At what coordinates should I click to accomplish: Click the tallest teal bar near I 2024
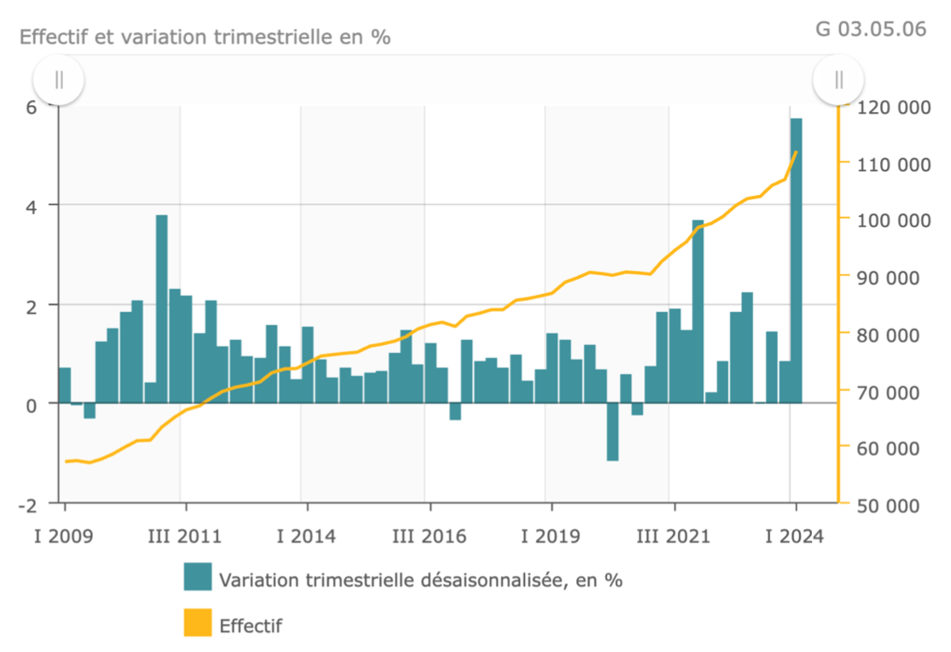tap(796, 261)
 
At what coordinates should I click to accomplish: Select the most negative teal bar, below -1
tap(612, 432)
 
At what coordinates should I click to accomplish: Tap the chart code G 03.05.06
tap(871, 28)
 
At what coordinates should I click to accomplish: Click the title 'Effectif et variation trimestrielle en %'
tap(205, 38)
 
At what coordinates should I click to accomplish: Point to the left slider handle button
tap(59, 79)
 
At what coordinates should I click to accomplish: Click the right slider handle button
tap(838, 79)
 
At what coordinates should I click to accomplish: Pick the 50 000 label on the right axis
tap(891, 505)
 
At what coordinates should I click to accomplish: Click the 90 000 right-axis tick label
tap(891, 277)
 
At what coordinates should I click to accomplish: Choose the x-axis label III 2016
tap(429, 537)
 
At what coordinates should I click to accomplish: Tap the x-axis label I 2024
tap(795, 537)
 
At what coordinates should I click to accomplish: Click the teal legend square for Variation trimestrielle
tap(197, 577)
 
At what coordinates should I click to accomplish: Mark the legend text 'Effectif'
tap(250, 626)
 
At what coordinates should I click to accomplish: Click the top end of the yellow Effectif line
tap(796, 152)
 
